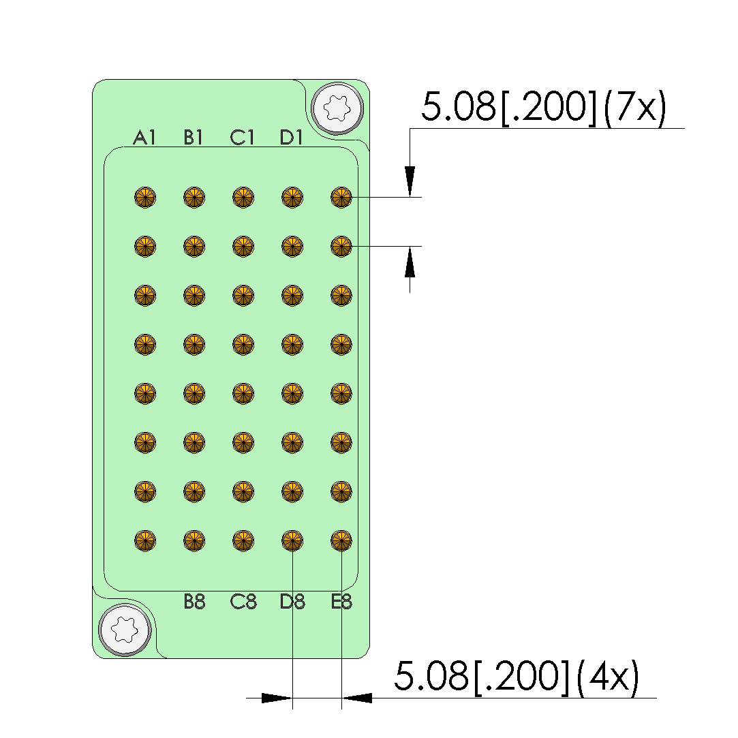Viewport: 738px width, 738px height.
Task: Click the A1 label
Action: click(144, 138)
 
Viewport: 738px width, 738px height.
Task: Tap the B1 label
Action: click(193, 138)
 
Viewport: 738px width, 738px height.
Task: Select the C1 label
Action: click(242, 138)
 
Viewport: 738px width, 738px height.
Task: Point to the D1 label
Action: click(291, 138)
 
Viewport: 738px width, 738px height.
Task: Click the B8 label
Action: click(194, 602)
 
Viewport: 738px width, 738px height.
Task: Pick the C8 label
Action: click(243, 602)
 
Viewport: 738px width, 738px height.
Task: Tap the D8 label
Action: click(292, 602)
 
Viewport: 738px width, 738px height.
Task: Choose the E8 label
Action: click(341, 602)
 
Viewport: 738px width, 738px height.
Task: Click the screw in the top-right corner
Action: click(337, 109)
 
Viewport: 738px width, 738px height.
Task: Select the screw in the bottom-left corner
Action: click(125, 629)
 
